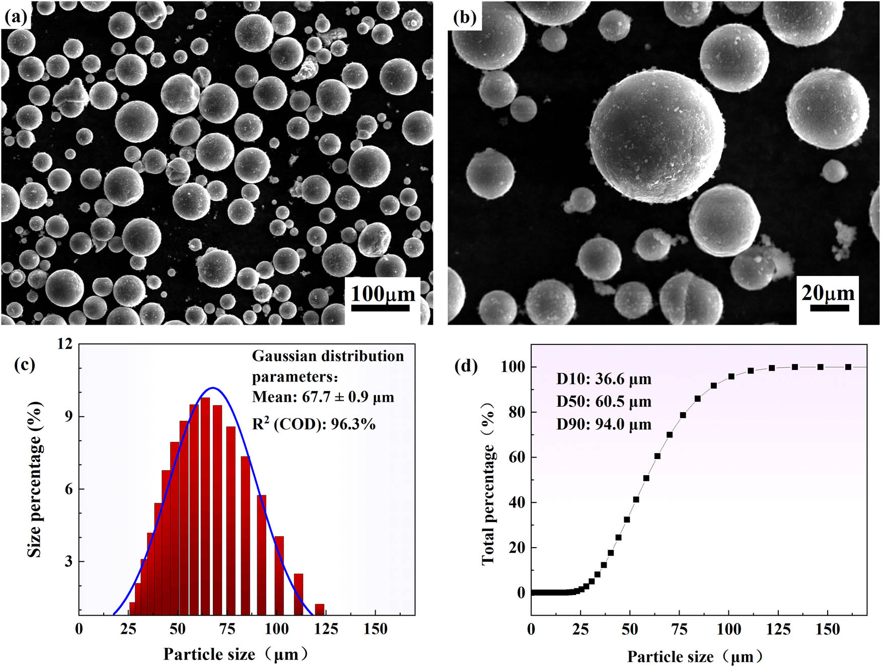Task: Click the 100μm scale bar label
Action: pyautogui.click(x=383, y=293)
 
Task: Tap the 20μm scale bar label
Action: pyautogui.click(x=828, y=292)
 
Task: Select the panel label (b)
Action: pyautogui.click(x=465, y=17)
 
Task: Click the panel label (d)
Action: pyautogui.click(x=466, y=365)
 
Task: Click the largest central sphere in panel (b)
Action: pyautogui.click(x=657, y=137)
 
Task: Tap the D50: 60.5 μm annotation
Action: pyautogui.click(x=604, y=402)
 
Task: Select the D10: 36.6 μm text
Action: pyautogui.click(x=604, y=379)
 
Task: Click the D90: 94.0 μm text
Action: pyautogui.click(x=604, y=424)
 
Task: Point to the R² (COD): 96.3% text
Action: pyautogui.click(x=314, y=424)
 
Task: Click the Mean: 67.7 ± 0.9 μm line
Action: pyautogui.click(x=323, y=397)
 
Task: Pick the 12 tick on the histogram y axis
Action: pyautogui.click(x=65, y=344)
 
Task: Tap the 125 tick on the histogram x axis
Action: pyautogui.click(x=326, y=629)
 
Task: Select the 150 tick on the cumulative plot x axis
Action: pyautogui.click(x=828, y=629)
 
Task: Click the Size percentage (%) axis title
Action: pyautogui.click(x=34, y=479)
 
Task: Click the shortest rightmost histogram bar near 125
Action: pyautogui.click(x=319, y=609)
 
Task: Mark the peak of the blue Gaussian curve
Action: pyautogui.click(x=213, y=388)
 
